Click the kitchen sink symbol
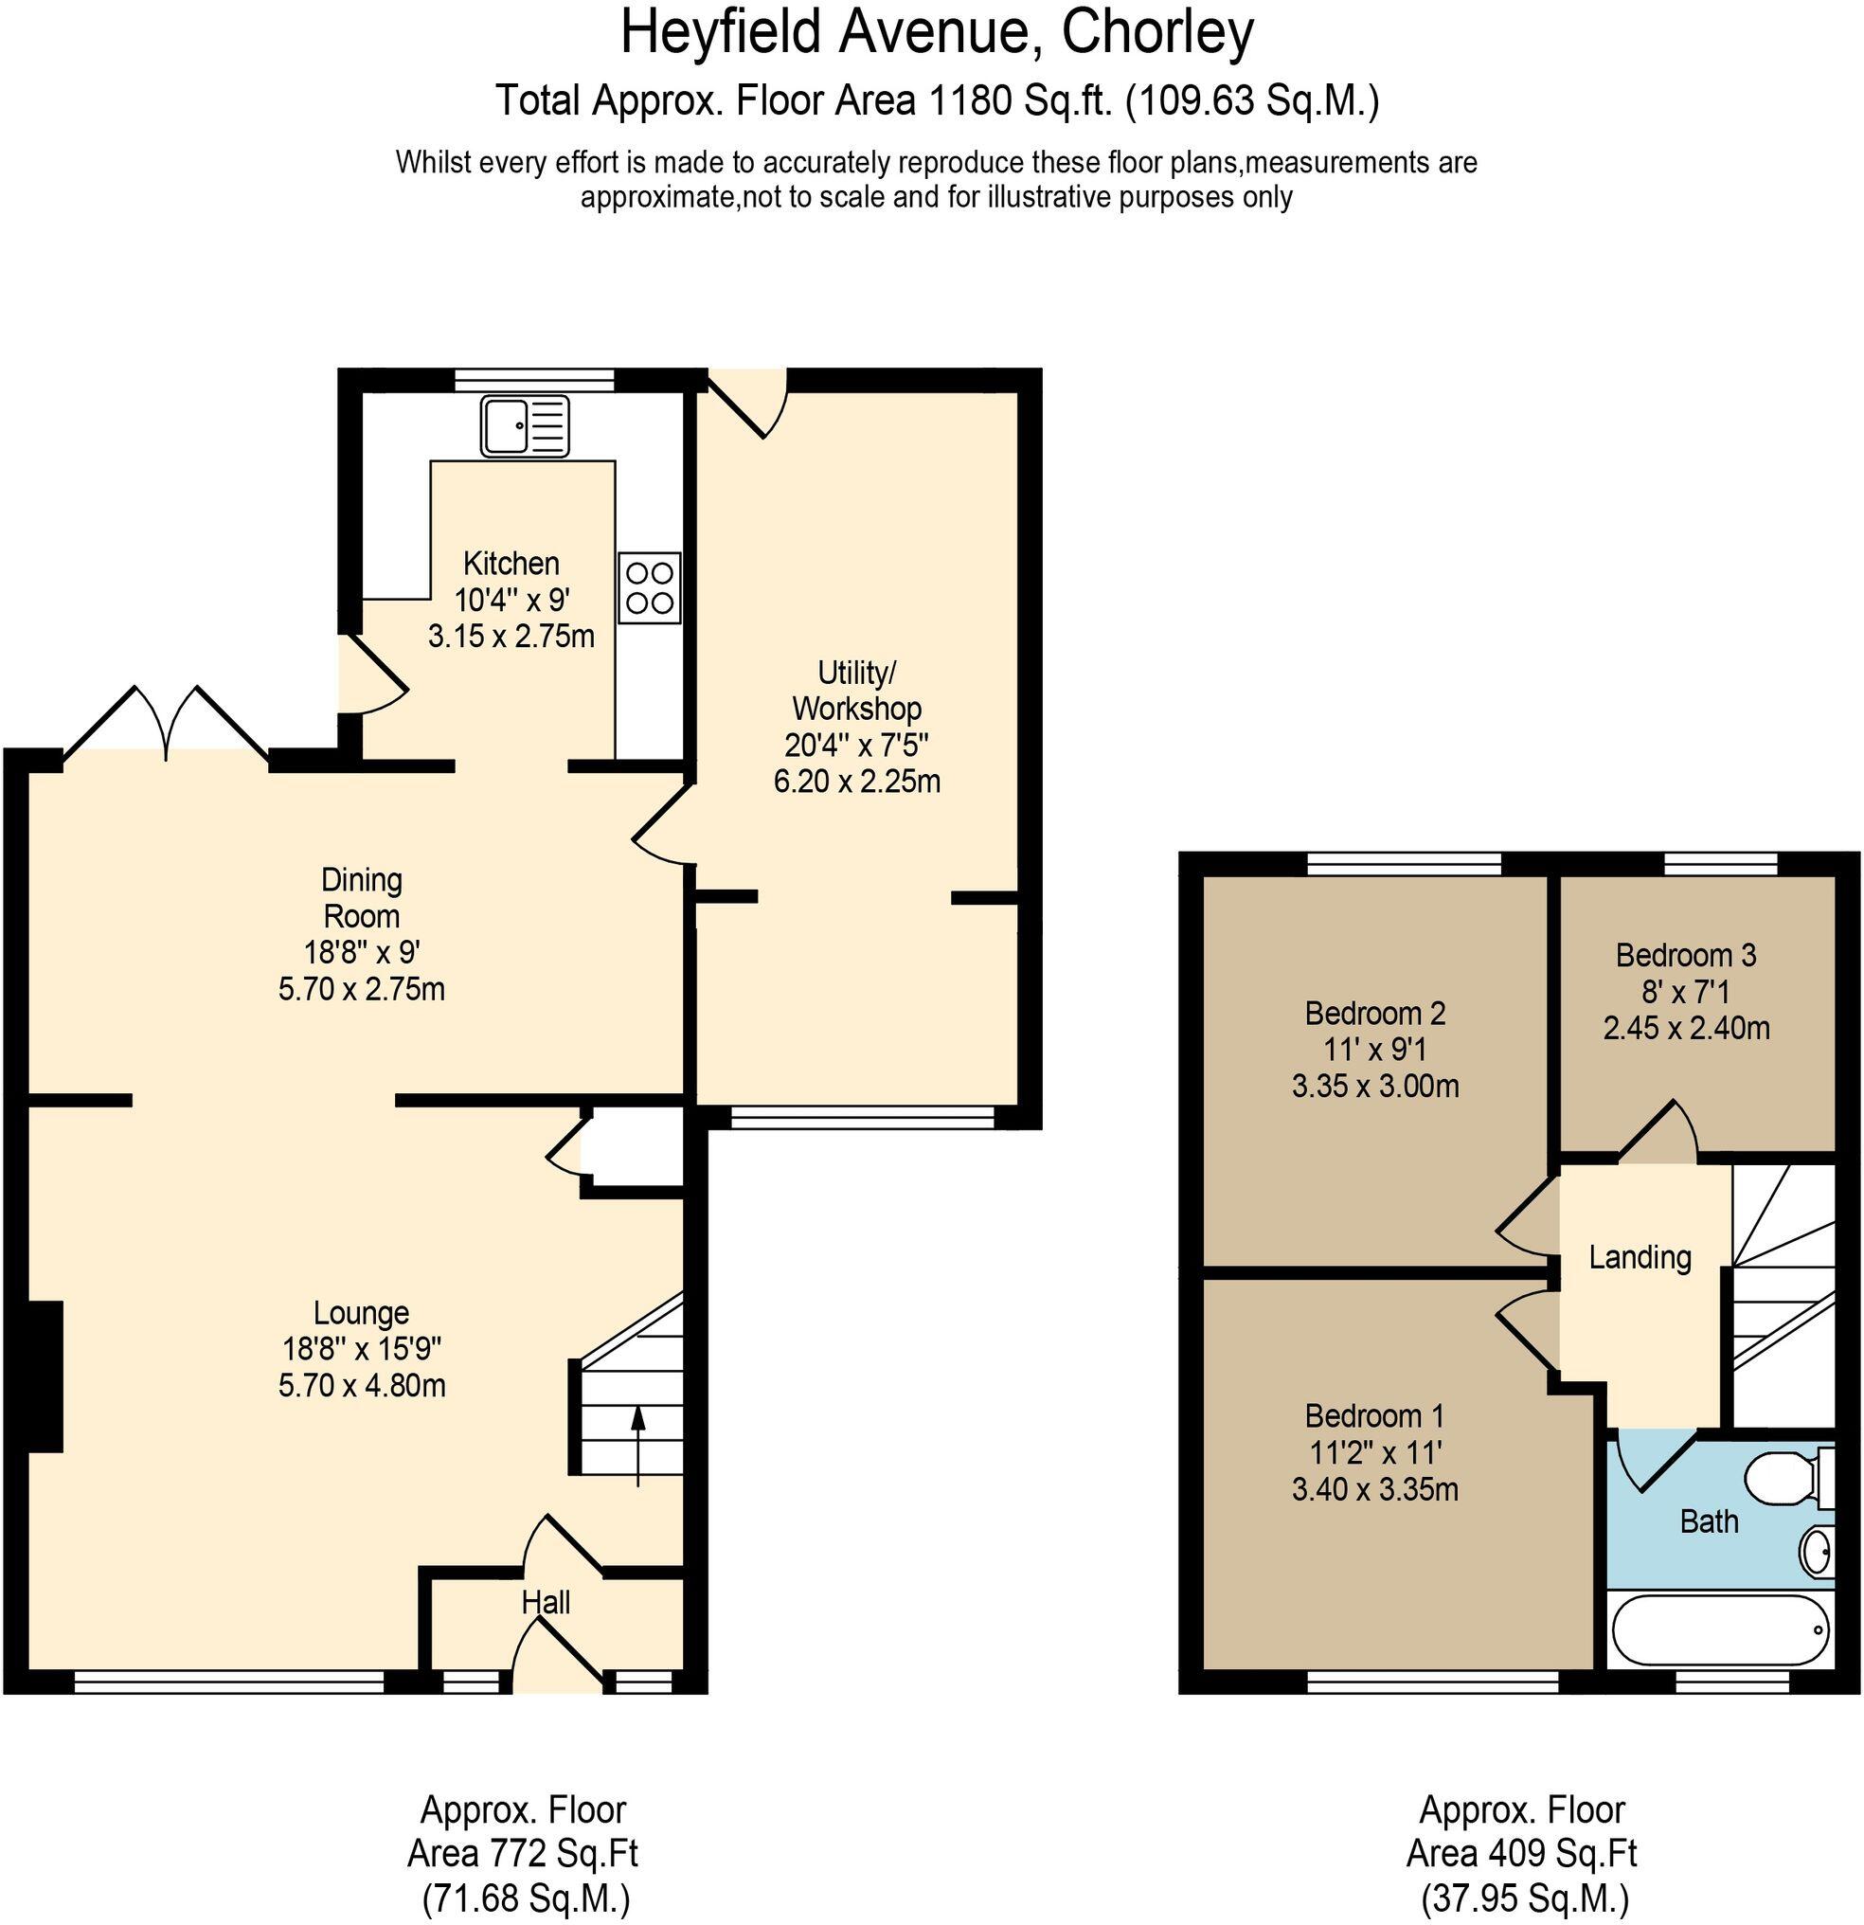pos(526,426)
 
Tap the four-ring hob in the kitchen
pos(649,587)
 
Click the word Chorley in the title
pos(1156,33)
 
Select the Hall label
pos(545,1603)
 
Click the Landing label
pos(1640,1257)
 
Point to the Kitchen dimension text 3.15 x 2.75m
pos(511,637)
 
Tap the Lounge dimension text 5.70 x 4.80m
pos(362,1386)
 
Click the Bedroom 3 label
pos(1685,955)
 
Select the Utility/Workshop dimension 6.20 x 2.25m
pos(856,782)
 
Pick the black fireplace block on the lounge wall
pos(45,1376)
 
